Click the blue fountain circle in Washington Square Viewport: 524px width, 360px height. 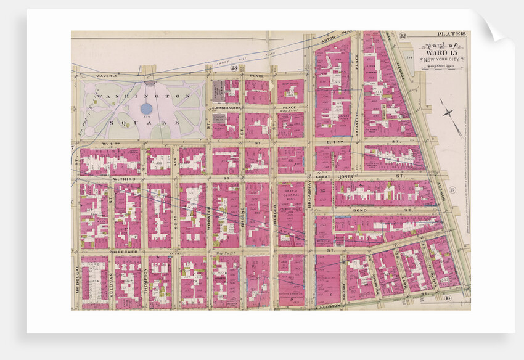click(x=145, y=108)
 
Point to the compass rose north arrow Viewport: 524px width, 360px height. click(x=451, y=117)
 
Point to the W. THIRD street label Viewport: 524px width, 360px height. click(x=125, y=179)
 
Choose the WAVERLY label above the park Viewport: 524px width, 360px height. click(x=106, y=76)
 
